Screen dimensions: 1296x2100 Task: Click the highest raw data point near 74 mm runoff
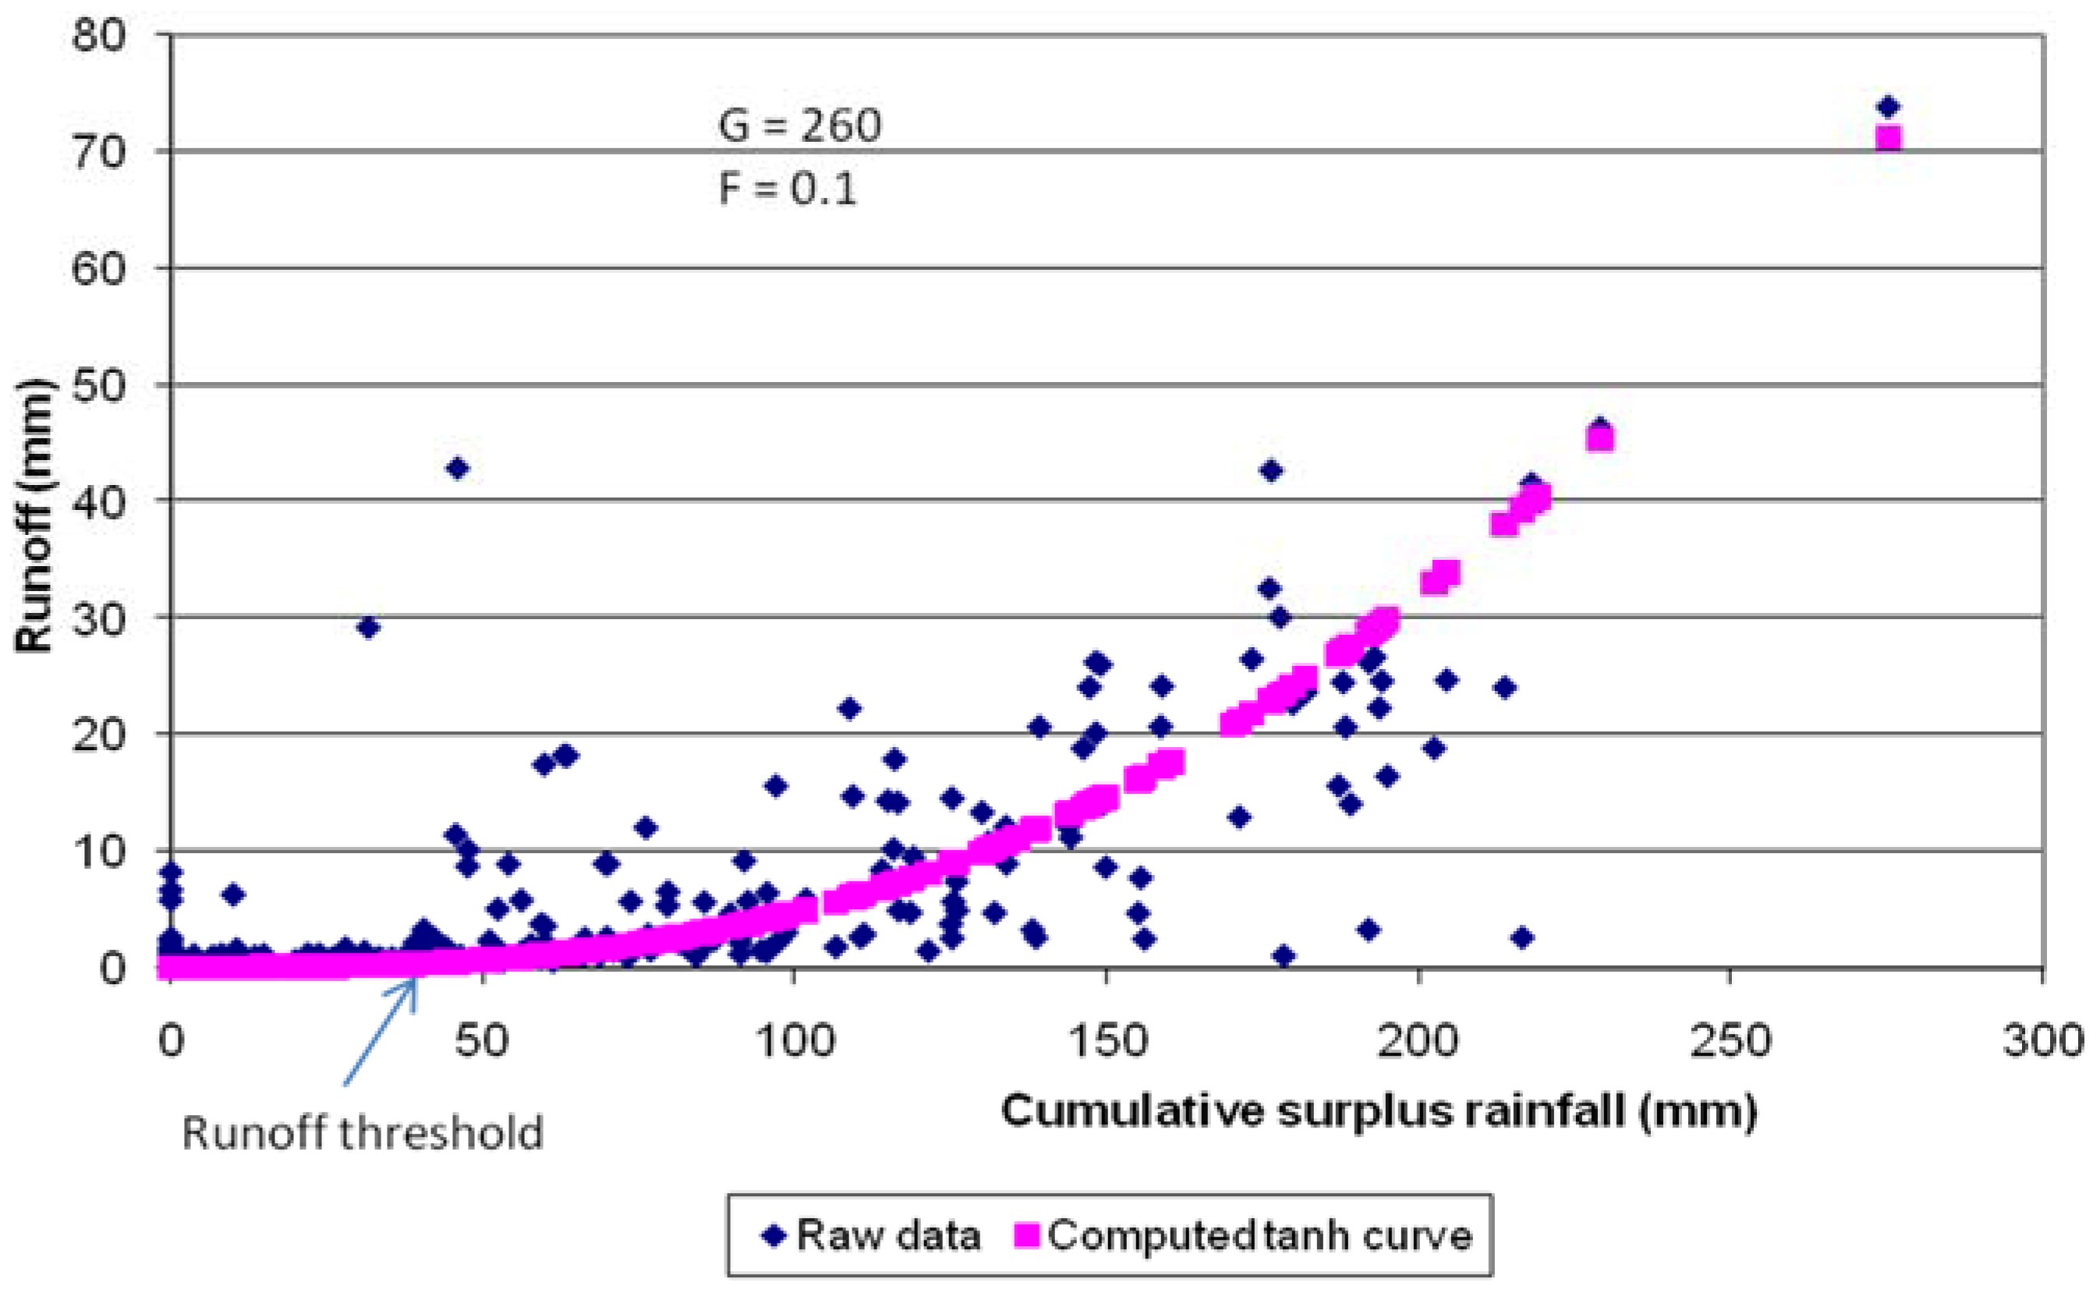(1887, 107)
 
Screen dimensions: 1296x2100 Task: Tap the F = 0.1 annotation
(787, 189)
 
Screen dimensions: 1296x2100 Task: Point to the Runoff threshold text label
(363, 1132)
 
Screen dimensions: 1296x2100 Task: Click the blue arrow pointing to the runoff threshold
(381, 1031)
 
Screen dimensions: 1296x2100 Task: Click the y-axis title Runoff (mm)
(34, 516)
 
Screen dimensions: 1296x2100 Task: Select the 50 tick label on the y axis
(97, 386)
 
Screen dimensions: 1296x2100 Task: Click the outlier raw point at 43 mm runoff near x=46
(458, 468)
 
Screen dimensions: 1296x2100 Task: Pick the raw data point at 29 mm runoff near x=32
(368, 628)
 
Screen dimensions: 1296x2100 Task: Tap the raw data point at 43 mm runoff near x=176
(1271, 470)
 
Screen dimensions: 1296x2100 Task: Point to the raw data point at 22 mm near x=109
(849, 708)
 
